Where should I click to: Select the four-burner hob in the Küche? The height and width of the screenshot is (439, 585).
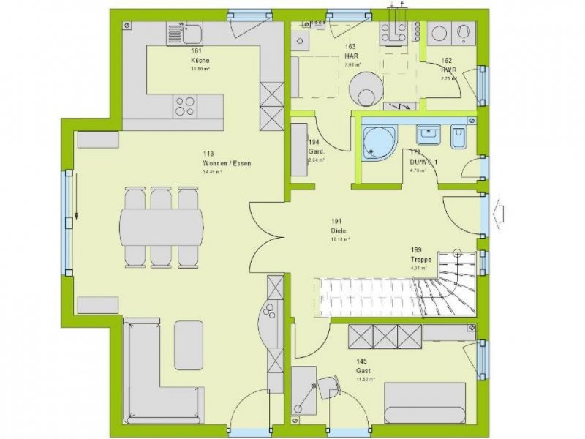coord(184,107)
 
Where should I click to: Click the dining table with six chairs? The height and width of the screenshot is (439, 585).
coord(162,228)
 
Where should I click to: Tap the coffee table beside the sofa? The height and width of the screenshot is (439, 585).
coord(189,345)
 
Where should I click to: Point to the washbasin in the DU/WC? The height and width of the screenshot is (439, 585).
coord(428,135)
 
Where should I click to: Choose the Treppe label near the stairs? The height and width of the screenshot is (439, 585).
coord(420,259)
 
